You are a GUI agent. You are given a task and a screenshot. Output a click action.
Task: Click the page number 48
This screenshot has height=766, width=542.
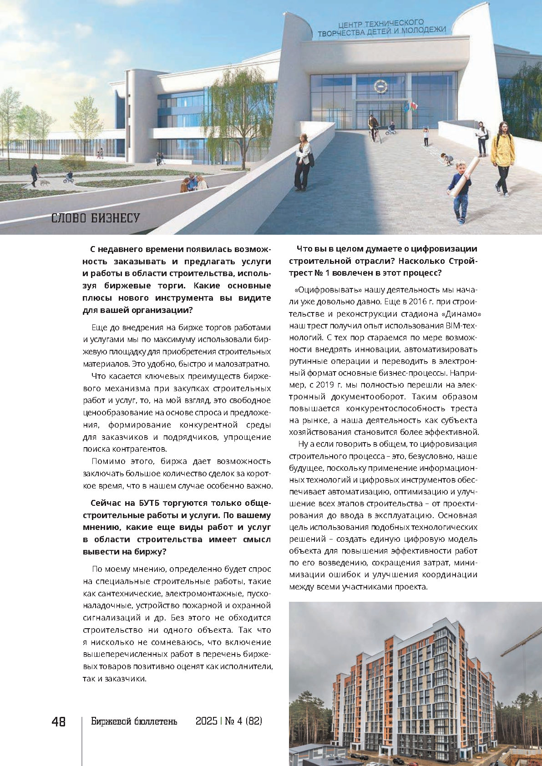coord(59,722)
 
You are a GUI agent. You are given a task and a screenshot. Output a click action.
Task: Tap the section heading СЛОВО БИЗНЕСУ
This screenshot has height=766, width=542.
coord(95,218)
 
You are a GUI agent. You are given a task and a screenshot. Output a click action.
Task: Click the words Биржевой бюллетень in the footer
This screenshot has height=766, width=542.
coord(134,721)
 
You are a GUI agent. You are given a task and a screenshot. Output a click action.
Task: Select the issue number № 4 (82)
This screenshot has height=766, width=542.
coord(243,721)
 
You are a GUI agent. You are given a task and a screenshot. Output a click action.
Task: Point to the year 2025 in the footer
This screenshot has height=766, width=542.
coord(206,721)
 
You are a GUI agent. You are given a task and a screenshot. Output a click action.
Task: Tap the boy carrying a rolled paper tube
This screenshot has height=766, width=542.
coord(460,191)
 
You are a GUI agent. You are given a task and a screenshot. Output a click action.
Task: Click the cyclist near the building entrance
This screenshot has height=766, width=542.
coord(374,128)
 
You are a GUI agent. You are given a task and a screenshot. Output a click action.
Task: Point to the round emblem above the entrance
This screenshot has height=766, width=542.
coord(379,86)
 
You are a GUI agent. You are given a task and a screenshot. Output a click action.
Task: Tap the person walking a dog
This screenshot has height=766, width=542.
coord(35,176)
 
